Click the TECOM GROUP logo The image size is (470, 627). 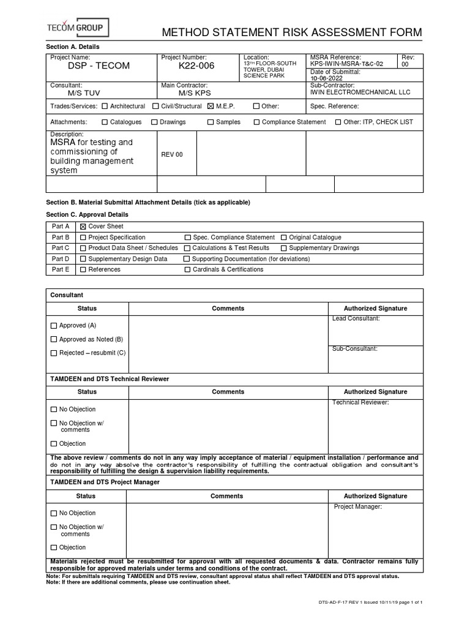pos(78,28)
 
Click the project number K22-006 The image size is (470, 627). pos(196,66)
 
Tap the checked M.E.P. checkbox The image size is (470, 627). pos(211,106)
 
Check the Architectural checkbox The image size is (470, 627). pos(105,106)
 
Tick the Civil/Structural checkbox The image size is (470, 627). pos(155,106)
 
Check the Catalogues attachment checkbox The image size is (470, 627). pos(105,122)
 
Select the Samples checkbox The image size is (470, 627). pos(211,122)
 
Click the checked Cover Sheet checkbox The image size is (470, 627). pos(83,227)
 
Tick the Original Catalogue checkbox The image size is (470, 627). pos(284,238)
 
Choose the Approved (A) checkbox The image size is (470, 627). pos(54,326)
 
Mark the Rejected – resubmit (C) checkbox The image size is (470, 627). pos(54,353)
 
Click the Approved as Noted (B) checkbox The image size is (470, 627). pos(54,339)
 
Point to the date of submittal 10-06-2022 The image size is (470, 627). pos(327,78)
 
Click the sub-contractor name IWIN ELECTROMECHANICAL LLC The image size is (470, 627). pos(360,92)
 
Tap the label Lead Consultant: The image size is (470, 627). pos(356,318)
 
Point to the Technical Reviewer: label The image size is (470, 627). pos(360,402)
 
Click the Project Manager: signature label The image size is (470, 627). pos(358,506)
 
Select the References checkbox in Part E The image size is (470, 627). pos(83,269)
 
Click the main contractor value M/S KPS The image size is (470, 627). pos(194,93)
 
